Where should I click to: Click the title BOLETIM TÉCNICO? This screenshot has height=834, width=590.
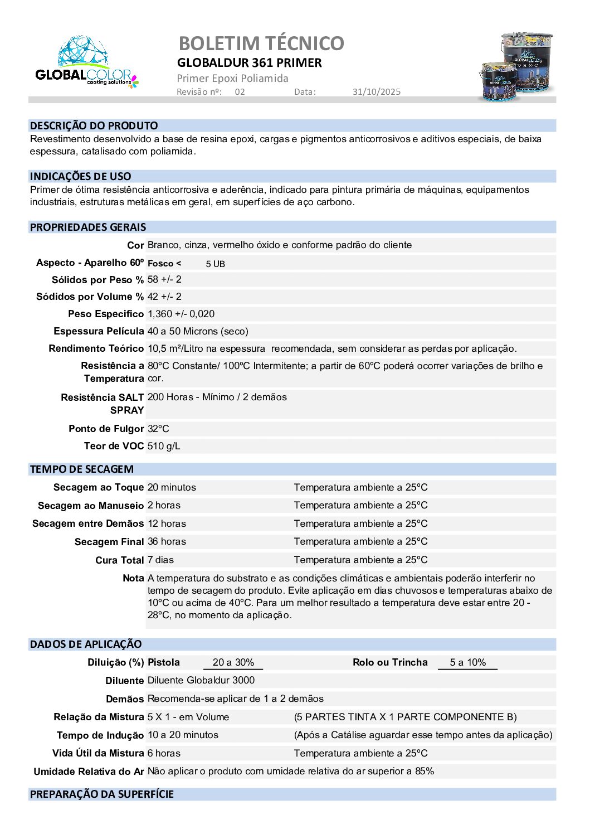click(261, 43)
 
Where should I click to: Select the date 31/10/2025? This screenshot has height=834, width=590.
click(376, 92)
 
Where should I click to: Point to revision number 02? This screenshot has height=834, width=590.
click(240, 92)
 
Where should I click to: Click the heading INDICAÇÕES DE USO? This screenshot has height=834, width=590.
click(81, 177)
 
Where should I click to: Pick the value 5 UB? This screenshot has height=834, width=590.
click(215, 264)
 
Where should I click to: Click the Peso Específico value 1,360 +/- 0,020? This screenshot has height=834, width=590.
click(181, 314)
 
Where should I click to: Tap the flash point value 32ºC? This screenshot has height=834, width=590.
click(158, 429)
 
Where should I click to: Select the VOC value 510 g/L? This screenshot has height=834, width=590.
click(164, 446)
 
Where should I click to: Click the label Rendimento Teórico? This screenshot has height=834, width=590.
click(96, 348)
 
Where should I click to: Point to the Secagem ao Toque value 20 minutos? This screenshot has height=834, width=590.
click(172, 487)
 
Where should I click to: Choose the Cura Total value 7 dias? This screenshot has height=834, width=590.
click(160, 560)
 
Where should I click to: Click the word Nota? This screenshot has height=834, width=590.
click(133, 578)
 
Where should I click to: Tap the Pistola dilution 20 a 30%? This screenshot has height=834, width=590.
click(233, 662)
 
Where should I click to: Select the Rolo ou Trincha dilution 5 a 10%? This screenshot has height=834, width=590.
click(467, 662)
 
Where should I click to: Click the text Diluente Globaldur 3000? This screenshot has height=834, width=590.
click(201, 680)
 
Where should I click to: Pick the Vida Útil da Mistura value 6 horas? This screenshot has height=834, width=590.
click(164, 753)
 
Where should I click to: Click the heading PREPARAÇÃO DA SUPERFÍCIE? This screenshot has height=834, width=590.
click(102, 794)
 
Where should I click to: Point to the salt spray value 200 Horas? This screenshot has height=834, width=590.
click(170, 397)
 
